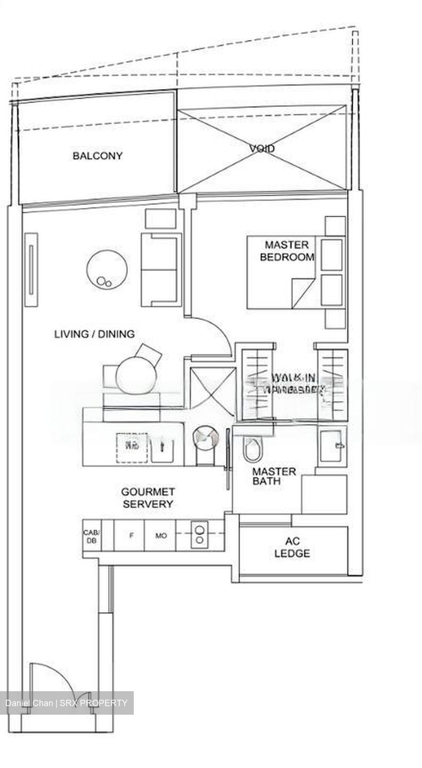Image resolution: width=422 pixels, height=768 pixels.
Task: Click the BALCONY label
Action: (98, 156)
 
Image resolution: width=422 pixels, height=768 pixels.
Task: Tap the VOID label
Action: (262, 148)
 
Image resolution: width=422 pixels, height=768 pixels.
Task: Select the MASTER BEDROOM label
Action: (287, 251)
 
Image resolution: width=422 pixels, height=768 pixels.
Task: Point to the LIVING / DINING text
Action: (94, 334)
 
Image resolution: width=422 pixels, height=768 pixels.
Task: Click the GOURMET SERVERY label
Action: (148, 498)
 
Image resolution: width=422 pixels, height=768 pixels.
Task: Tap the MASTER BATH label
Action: (274, 476)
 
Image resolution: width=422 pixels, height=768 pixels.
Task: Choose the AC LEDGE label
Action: (292, 548)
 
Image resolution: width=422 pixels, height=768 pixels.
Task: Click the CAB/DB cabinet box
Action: (91, 535)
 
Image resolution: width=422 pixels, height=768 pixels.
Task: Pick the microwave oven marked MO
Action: (161, 535)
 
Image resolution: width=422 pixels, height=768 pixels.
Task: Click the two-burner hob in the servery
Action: (200, 535)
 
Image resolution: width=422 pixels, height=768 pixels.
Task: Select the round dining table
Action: (136, 374)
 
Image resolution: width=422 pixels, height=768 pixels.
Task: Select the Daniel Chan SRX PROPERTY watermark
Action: (67, 703)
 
